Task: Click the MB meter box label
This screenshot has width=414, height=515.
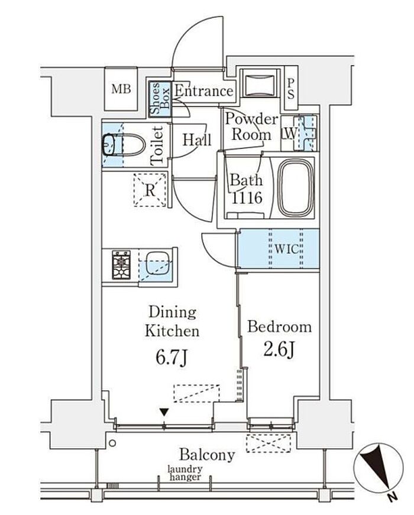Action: [121, 89]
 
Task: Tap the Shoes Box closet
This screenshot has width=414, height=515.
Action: [160, 99]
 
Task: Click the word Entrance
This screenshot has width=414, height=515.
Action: [203, 90]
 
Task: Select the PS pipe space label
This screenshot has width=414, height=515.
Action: [291, 89]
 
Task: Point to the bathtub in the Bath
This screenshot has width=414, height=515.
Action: [296, 188]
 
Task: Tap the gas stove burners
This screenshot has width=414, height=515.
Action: [121, 265]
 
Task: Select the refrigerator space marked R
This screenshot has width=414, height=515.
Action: [150, 190]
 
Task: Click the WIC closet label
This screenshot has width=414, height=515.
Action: [286, 249]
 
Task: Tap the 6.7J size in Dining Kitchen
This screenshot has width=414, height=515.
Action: [172, 358]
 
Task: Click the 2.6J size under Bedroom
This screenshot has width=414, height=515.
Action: [279, 349]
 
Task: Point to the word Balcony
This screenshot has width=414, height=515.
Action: [207, 455]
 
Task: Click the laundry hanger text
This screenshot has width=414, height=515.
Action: [185, 473]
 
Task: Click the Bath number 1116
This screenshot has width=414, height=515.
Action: [247, 197]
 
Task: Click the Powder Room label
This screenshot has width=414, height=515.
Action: [251, 127]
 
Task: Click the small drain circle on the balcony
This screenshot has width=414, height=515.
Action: [112, 443]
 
